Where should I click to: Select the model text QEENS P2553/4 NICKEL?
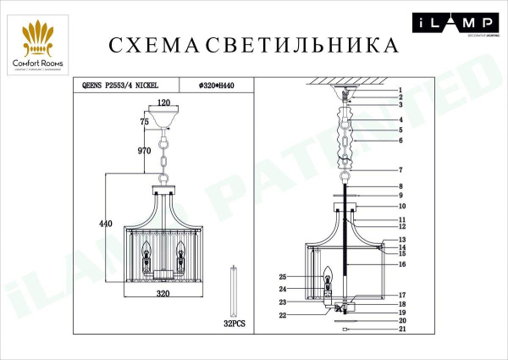pos(119,85)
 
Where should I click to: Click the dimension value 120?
pos(164,103)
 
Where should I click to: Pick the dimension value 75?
pos(145,123)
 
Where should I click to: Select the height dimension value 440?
pos(106,224)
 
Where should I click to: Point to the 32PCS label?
pos(235,324)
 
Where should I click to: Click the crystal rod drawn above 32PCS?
pos(235,290)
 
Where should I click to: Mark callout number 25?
pos(284,277)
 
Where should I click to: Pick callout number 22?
pos(284,315)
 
